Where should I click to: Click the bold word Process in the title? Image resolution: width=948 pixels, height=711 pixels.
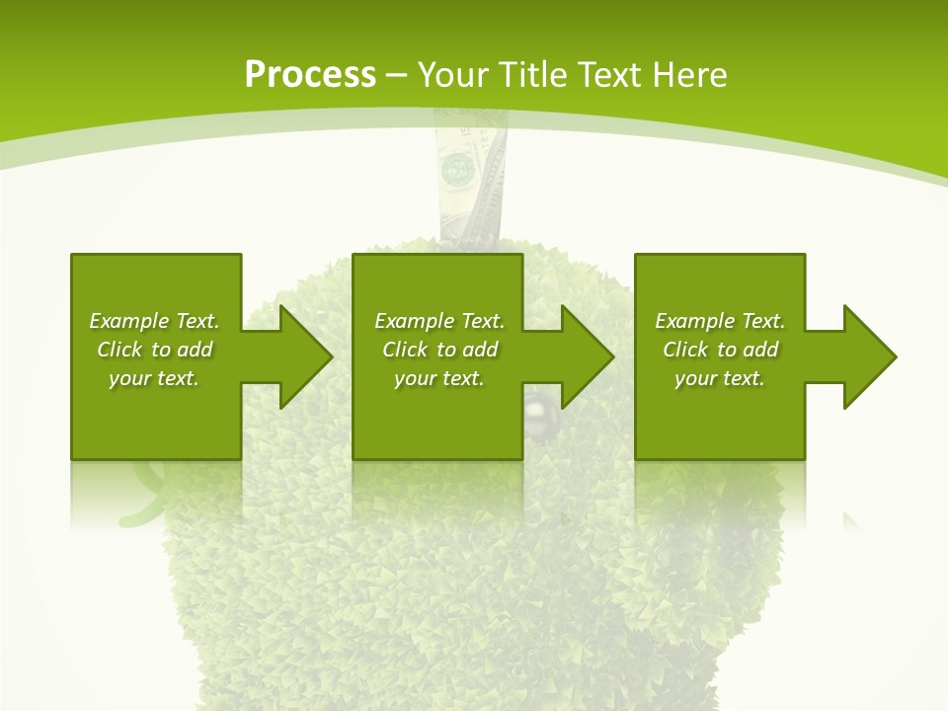pyautogui.click(x=310, y=75)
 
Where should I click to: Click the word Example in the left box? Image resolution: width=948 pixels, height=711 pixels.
pyautogui.click(x=129, y=321)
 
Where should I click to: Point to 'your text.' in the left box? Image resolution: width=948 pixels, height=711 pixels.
pyautogui.click(x=154, y=378)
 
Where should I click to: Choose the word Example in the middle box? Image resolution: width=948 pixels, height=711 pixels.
pyautogui.click(x=415, y=321)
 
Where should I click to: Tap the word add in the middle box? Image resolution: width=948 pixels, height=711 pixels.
pyautogui.click(x=480, y=350)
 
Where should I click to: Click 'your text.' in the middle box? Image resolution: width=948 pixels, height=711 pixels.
pyautogui.click(x=439, y=378)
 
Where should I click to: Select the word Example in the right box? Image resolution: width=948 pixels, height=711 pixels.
pyautogui.click(x=695, y=321)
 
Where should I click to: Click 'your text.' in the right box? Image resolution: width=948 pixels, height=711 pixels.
pyautogui.click(x=720, y=378)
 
